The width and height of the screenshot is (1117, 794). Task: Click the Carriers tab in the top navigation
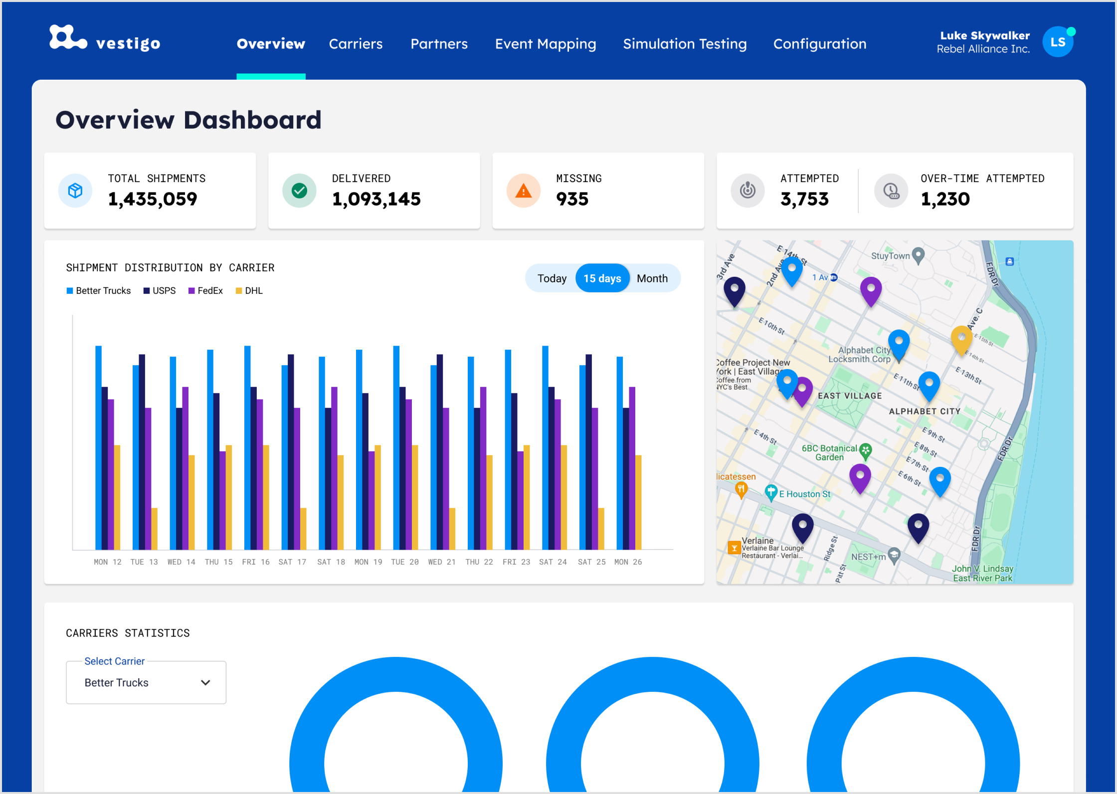[356, 44]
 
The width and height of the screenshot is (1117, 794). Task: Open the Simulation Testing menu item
[684, 44]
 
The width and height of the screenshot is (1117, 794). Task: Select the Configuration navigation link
[819, 44]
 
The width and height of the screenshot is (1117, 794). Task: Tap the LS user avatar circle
[1057, 42]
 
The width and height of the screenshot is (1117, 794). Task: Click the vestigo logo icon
[68, 38]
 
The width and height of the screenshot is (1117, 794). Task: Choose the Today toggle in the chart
[552, 278]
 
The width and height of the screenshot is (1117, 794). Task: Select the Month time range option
[652, 278]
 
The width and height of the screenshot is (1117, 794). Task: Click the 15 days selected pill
[602, 278]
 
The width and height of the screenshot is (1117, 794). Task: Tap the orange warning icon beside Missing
[523, 191]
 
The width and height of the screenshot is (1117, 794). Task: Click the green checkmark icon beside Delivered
[299, 191]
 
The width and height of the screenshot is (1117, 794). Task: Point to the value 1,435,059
[153, 199]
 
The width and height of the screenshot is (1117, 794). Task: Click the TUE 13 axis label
[144, 562]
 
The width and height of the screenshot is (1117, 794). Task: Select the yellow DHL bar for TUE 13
[155, 529]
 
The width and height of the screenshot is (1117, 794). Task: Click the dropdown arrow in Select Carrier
[205, 682]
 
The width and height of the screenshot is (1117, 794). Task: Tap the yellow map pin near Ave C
[961, 339]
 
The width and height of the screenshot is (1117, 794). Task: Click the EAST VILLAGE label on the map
[849, 396]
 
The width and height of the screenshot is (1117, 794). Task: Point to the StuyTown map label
[890, 256]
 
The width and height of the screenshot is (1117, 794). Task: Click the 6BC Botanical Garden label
[829, 452]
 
